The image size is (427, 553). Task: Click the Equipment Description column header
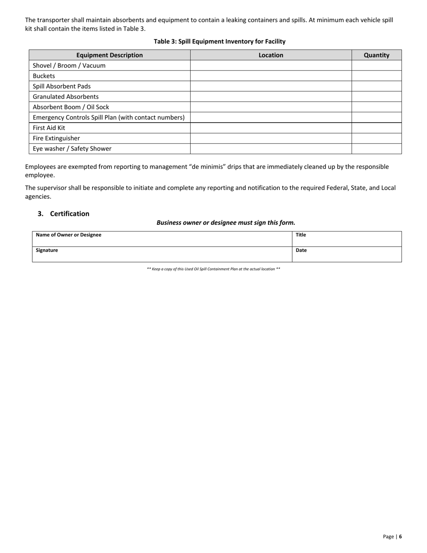point(109,55)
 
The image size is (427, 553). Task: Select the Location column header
point(271,55)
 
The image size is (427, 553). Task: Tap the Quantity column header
point(376,55)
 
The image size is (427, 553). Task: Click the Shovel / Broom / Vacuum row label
point(69,65)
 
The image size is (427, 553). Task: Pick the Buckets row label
point(44,76)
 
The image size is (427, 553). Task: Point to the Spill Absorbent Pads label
point(62,86)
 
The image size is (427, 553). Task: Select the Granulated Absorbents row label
point(66,96)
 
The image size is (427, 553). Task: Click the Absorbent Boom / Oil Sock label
point(71,107)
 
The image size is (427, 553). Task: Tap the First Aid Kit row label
point(49,128)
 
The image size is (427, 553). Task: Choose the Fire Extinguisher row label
point(56,138)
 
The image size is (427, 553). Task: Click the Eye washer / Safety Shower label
point(72,148)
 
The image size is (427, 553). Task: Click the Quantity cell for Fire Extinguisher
point(376,138)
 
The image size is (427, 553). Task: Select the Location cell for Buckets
point(271,76)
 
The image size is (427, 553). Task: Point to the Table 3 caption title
point(219,41)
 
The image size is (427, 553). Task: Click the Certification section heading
point(69,214)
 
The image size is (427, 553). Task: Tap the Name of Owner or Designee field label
point(68,235)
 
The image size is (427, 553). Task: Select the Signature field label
point(47,250)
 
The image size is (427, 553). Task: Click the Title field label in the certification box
point(301,235)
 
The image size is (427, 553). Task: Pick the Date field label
point(301,250)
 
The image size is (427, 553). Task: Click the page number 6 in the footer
point(400,536)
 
